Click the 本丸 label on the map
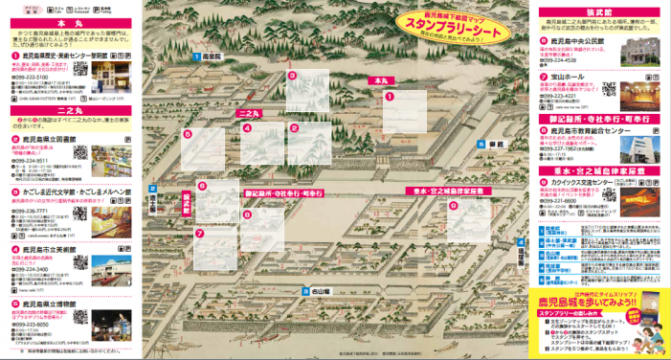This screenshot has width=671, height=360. [383, 80]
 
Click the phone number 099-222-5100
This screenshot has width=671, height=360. [35, 75]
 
